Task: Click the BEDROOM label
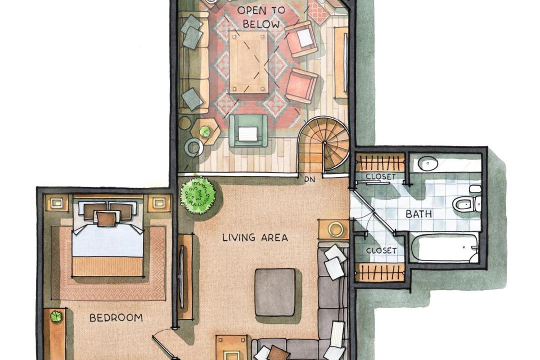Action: click(116, 317)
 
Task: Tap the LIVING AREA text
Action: click(255, 237)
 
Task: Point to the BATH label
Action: click(419, 214)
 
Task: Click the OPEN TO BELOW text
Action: click(261, 17)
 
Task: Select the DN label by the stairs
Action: click(309, 179)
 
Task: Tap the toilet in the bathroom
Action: click(466, 204)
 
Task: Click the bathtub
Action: click(445, 248)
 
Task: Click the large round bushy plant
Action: click(198, 194)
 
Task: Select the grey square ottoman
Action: click(275, 292)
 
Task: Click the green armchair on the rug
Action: click(248, 130)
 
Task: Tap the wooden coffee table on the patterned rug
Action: click(248, 62)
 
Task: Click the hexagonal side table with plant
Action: click(205, 131)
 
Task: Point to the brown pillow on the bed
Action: click(106, 219)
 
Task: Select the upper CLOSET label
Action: click(380, 176)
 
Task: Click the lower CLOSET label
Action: click(381, 250)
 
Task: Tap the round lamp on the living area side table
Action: click(334, 229)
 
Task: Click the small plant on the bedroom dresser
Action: click(56, 316)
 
